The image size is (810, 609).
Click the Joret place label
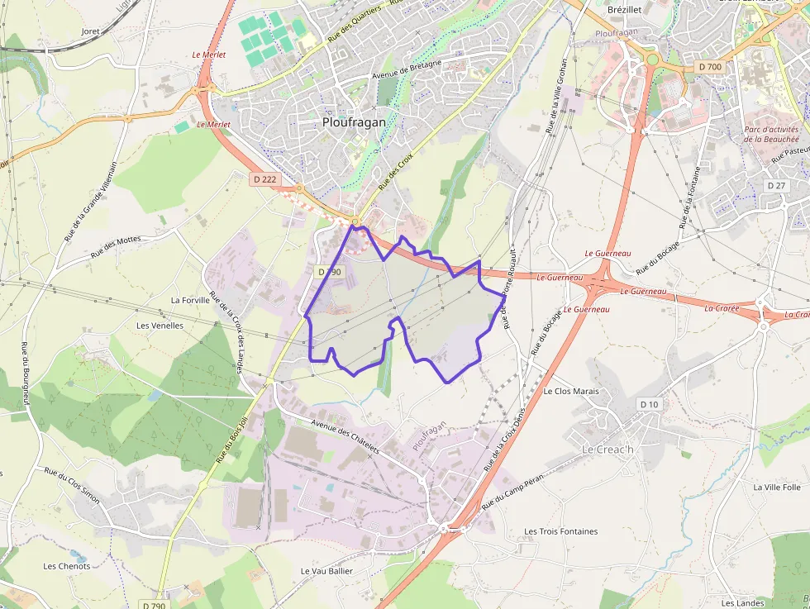90,31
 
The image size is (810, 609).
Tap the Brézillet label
624,9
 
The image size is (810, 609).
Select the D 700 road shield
709,66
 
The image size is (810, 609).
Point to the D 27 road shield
775,185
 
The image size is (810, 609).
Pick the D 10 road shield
649,404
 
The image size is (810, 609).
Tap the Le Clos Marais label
571,391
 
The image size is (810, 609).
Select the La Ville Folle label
777,488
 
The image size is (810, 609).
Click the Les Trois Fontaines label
561,531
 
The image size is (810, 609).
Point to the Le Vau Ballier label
326,571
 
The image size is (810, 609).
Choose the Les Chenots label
67,566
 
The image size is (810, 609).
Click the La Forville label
191,300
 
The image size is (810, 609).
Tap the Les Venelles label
160,326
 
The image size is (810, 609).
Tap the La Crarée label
721,308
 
